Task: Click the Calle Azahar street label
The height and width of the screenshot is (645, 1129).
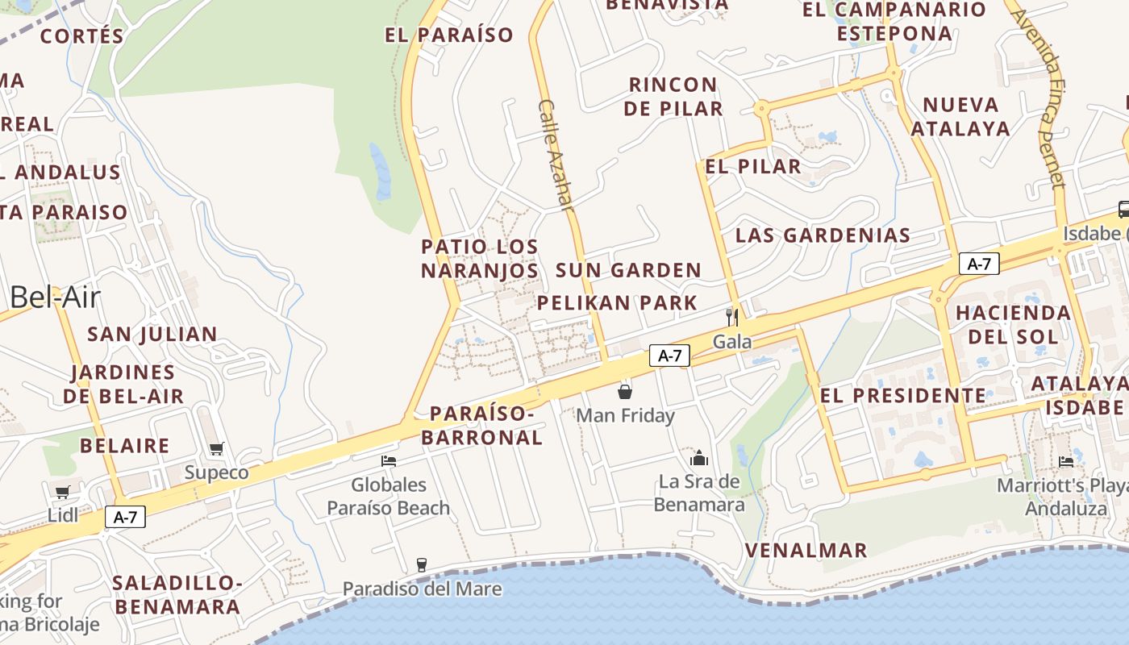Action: coord(556,156)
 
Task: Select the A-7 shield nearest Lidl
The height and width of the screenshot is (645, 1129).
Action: coord(125,517)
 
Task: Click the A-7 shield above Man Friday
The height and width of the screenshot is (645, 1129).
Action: coord(669,356)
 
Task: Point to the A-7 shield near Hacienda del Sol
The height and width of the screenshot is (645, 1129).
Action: coord(979,264)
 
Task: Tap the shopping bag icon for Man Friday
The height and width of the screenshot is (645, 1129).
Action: coord(625,392)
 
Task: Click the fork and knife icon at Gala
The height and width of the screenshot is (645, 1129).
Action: coord(732,316)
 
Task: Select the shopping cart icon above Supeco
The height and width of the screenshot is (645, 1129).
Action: coord(216,448)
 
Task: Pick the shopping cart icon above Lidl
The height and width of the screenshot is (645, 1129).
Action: coord(62,492)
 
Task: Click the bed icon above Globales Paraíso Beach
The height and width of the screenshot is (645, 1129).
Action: coord(389,461)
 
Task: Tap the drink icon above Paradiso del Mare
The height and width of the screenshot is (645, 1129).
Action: coord(421,564)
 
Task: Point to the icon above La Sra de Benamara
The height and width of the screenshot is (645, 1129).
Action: coord(698,458)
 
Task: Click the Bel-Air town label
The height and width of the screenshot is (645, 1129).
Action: coord(55,298)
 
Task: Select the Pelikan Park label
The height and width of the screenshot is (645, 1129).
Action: coord(617,303)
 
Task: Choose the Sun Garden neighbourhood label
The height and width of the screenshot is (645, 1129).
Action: coord(628,270)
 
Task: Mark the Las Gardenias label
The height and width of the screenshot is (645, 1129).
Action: coord(823,235)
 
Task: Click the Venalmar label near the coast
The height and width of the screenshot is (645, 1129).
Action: coord(806,551)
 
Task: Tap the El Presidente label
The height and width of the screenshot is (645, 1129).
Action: coord(902,396)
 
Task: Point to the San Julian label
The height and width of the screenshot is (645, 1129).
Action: coord(152,334)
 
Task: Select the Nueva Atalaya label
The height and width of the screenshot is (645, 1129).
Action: coord(960,117)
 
